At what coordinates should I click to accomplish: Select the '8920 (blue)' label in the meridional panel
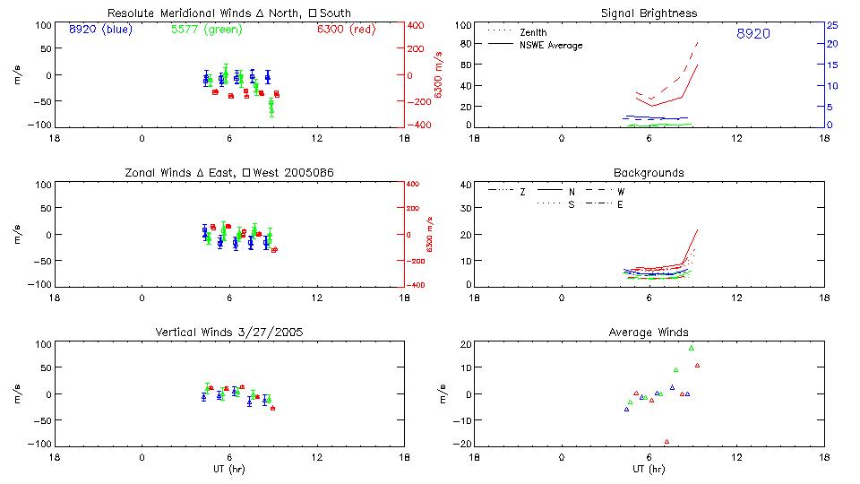[99, 29]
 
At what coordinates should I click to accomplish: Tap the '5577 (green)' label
[205, 29]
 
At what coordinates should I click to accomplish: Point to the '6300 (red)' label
[346, 29]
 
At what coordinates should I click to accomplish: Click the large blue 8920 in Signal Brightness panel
[752, 34]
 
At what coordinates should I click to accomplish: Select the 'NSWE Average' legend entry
[551, 45]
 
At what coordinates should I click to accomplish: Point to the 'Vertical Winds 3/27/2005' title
[229, 332]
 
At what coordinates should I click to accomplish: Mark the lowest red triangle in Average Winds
[666, 441]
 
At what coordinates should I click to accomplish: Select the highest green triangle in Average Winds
[691, 348]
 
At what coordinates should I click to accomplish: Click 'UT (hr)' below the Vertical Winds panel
[229, 469]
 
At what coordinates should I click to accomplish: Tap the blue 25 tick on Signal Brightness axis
[831, 24]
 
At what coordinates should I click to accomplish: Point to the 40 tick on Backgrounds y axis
[465, 186]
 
